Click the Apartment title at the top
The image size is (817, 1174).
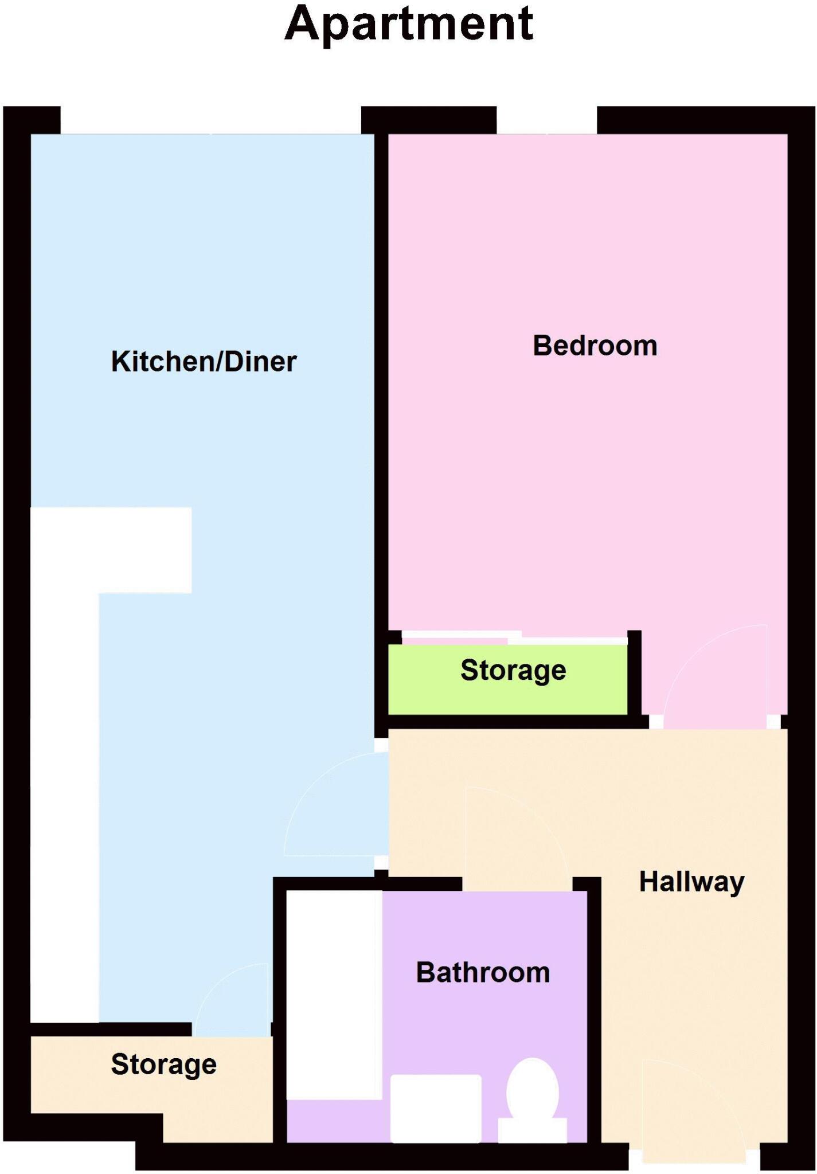pyautogui.click(x=409, y=24)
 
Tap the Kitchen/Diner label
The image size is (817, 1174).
pyautogui.click(x=204, y=362)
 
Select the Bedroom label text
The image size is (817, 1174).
pyautogui.click(x=595, y=346)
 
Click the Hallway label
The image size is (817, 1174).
pyautogui.click(x=691, y=882)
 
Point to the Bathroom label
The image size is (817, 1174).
pyautogui.click(x=483, y=973)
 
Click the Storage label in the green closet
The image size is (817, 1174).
pyautogui.click(x=513, y=670)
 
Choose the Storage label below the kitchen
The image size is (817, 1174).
pyautogui.click(x=163, y=1065)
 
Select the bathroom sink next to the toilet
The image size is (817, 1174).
pyautogui.click(x=436, y=1108)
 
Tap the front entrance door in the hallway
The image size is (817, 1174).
pyautogui.click(x=694, y=1112)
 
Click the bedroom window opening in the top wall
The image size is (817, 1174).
pyautogui.click(x=546, y=120)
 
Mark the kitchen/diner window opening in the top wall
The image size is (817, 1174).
pyautogui.click(x=210, y=120)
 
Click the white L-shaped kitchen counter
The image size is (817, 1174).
pyautogui.click(x=64, y=745)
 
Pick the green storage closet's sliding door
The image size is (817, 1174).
pyautogui.click(x=513, y=638)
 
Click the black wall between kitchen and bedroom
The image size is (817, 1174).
pyautogui.click(x=381, y=401)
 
